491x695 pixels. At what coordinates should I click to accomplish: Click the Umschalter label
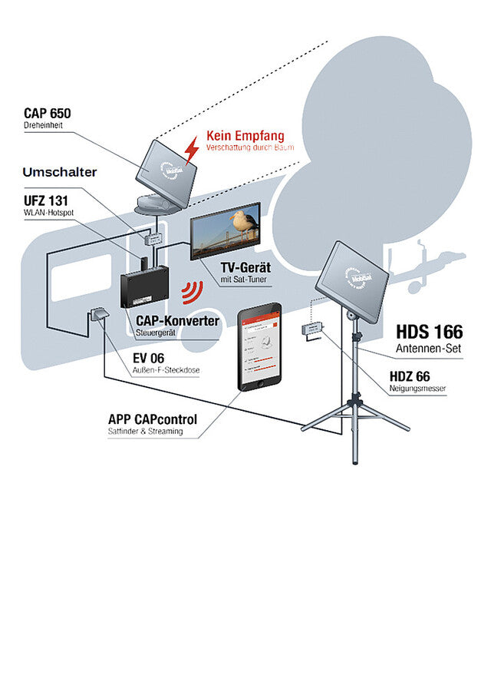coord(59,172)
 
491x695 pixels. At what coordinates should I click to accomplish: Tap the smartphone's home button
coord(260,382)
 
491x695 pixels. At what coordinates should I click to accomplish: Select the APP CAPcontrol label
coord(153,419)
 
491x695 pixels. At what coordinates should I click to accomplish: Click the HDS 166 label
coord(429,332)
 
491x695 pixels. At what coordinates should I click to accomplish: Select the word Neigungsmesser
coord(418,389)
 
